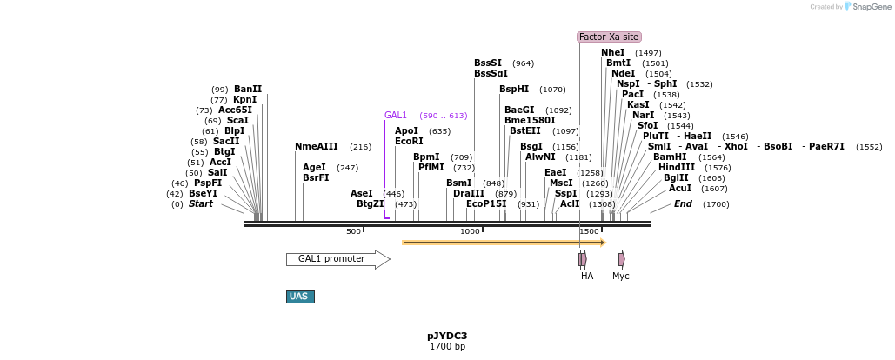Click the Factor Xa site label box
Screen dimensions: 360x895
click(x=609, y=37)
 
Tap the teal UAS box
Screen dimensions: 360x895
click(x=299, y=297)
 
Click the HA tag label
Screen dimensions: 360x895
click(x=587, y=276)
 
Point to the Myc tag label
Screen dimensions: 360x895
click(x=620, y=276)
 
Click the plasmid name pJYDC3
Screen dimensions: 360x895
click(x=447, y=336)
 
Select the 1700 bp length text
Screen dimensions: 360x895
click(x=447, y=347)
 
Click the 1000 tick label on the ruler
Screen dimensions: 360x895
click(x=470, y=231)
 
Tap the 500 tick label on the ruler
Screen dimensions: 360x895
click(x=353, y=231)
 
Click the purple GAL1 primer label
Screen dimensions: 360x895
click(x=396, y=116)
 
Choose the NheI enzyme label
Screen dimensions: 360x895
click(x=612, y=53)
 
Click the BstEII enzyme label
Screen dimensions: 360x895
click(x=524, y=131)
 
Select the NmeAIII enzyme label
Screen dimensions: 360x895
click(x=317, y=147)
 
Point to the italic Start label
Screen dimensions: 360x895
click(x=200, y=204)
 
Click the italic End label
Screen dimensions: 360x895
click(x=683, y=204)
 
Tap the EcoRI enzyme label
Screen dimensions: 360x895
click(x=409, y=141)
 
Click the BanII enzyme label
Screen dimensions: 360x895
click(x=248, y=90)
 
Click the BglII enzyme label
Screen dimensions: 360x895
click(x=676, y=178)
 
